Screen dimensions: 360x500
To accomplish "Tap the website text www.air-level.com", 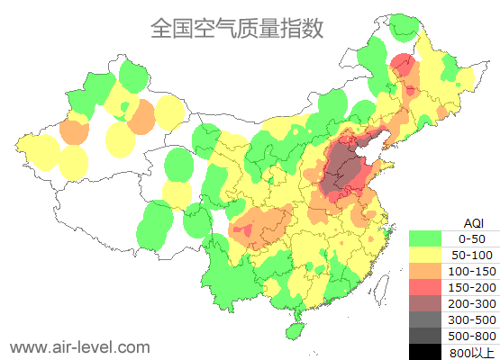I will (x=79, y=346).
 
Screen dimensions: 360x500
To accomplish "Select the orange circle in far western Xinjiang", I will (x=74, y=131).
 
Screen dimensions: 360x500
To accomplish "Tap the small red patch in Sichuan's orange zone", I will (x=241, y=232).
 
